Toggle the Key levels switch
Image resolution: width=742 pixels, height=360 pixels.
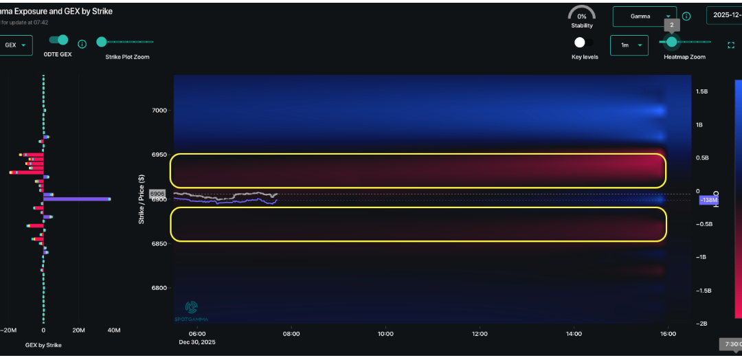[583, 43]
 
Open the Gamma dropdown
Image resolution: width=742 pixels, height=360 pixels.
[644, 16]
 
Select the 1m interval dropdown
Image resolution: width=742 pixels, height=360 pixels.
[629, 45]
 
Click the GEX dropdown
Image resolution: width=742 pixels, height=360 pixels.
[15, 45]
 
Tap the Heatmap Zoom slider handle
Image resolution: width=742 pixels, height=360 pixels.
[671, 42]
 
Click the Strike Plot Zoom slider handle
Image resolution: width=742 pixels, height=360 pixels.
[102, 42]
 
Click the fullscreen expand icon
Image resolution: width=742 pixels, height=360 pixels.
[731, 45]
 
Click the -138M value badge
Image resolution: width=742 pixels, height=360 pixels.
[708, 200]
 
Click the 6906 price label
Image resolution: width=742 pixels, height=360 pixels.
[157, 194]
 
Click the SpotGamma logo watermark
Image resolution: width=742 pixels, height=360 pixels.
[192, 310]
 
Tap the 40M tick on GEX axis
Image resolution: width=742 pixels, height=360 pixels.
[113, 330]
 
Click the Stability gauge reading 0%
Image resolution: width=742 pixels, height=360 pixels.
[582, 16]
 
